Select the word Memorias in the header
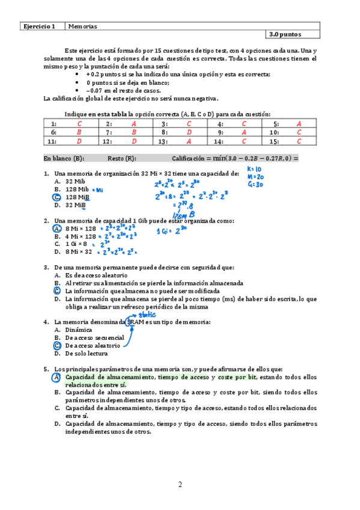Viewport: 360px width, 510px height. point(82,26)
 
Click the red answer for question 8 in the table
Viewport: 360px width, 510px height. point(189,132)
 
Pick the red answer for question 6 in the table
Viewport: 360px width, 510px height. point(78,132)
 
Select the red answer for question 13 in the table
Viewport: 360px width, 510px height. point(189,141)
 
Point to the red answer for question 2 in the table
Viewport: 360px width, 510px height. point(133,123)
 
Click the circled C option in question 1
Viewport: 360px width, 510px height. point(56,197)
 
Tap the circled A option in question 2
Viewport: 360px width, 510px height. point(56,229)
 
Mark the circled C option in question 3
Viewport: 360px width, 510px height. point(56,290)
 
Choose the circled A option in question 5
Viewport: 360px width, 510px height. point(56,377)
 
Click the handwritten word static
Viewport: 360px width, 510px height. point(147,314)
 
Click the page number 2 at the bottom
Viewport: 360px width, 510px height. point(179,485)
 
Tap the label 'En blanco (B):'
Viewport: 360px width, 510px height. point(64,159)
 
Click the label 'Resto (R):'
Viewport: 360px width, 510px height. point(122,159)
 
